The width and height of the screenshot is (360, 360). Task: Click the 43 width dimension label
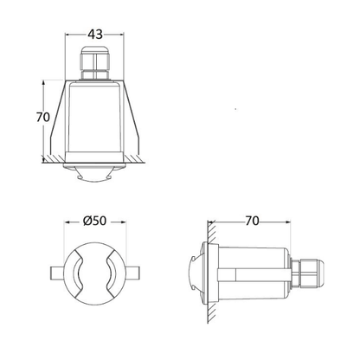tap(95, 35)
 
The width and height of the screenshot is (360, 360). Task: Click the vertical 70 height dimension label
tap(43, 117)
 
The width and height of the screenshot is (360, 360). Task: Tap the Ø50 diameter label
tap(94, 221)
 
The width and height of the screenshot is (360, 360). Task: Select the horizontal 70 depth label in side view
tap(252, 221)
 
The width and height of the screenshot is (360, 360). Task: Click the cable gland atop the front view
tap(95, 62)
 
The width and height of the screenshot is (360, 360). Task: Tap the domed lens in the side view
tap(196, 273)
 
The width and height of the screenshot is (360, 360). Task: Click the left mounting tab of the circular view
tap(57, 273)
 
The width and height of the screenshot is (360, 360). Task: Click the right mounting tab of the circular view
tap(132, 273)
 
